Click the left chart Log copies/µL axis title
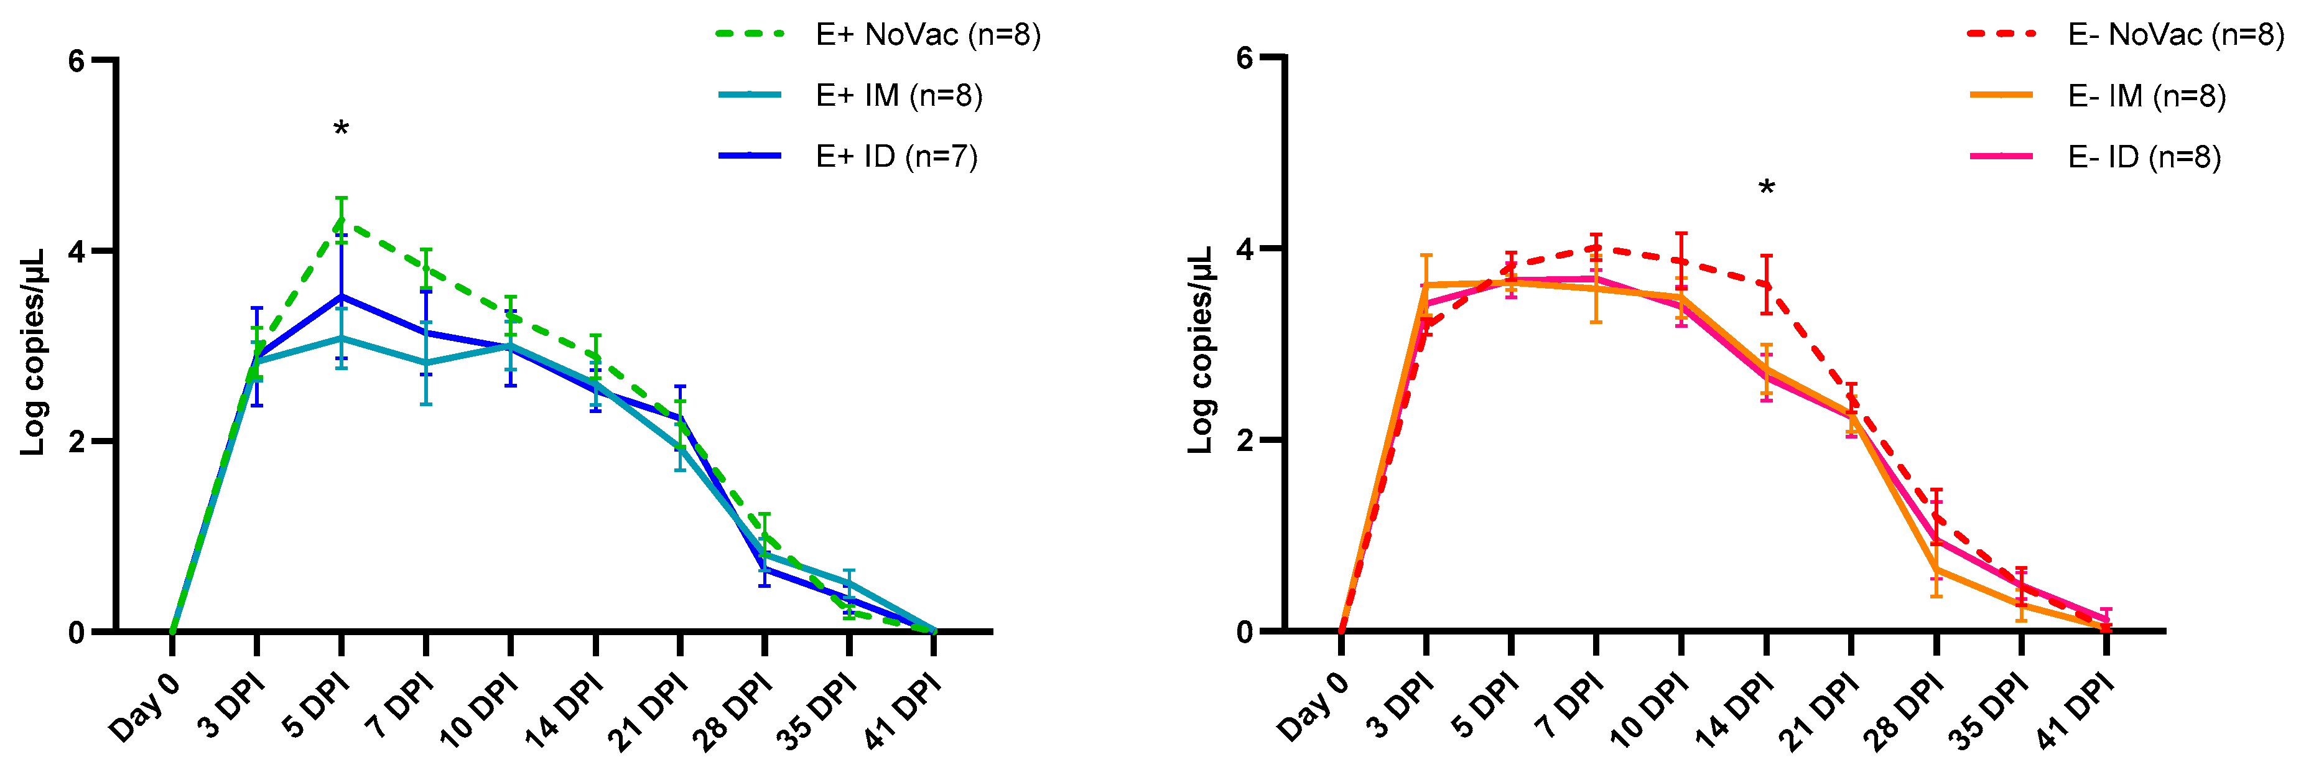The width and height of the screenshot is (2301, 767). coord(33,353)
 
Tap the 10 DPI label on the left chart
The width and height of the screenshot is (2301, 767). coord(480,711)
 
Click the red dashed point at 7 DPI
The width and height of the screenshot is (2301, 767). coord(1596,248)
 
